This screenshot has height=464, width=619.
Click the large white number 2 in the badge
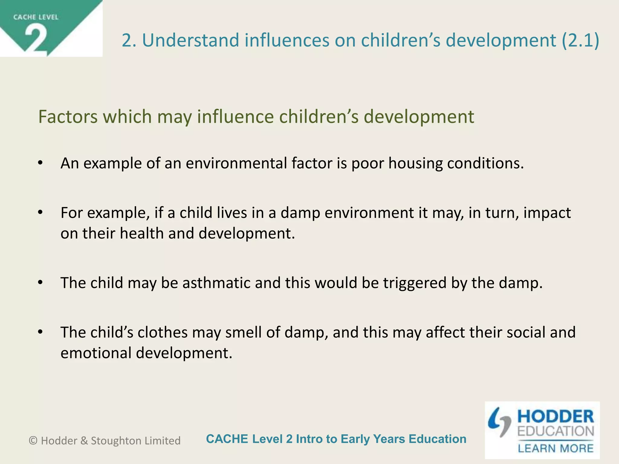click(x=36, y=39)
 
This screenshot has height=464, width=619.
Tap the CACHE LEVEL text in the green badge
click(x=36, y=17)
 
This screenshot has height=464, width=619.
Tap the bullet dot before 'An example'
click(x=41, y=163)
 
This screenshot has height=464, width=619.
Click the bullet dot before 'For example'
click(x=41, y=213)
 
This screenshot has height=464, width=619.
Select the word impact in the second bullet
click(x=547, y=213)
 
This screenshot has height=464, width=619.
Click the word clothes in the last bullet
click(x=163, y=332)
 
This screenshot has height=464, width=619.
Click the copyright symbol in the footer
click(x=33, y=441)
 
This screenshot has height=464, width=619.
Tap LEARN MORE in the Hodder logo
click(x=556, y=448)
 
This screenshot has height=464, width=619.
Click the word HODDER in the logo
click(x=556, y=417)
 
